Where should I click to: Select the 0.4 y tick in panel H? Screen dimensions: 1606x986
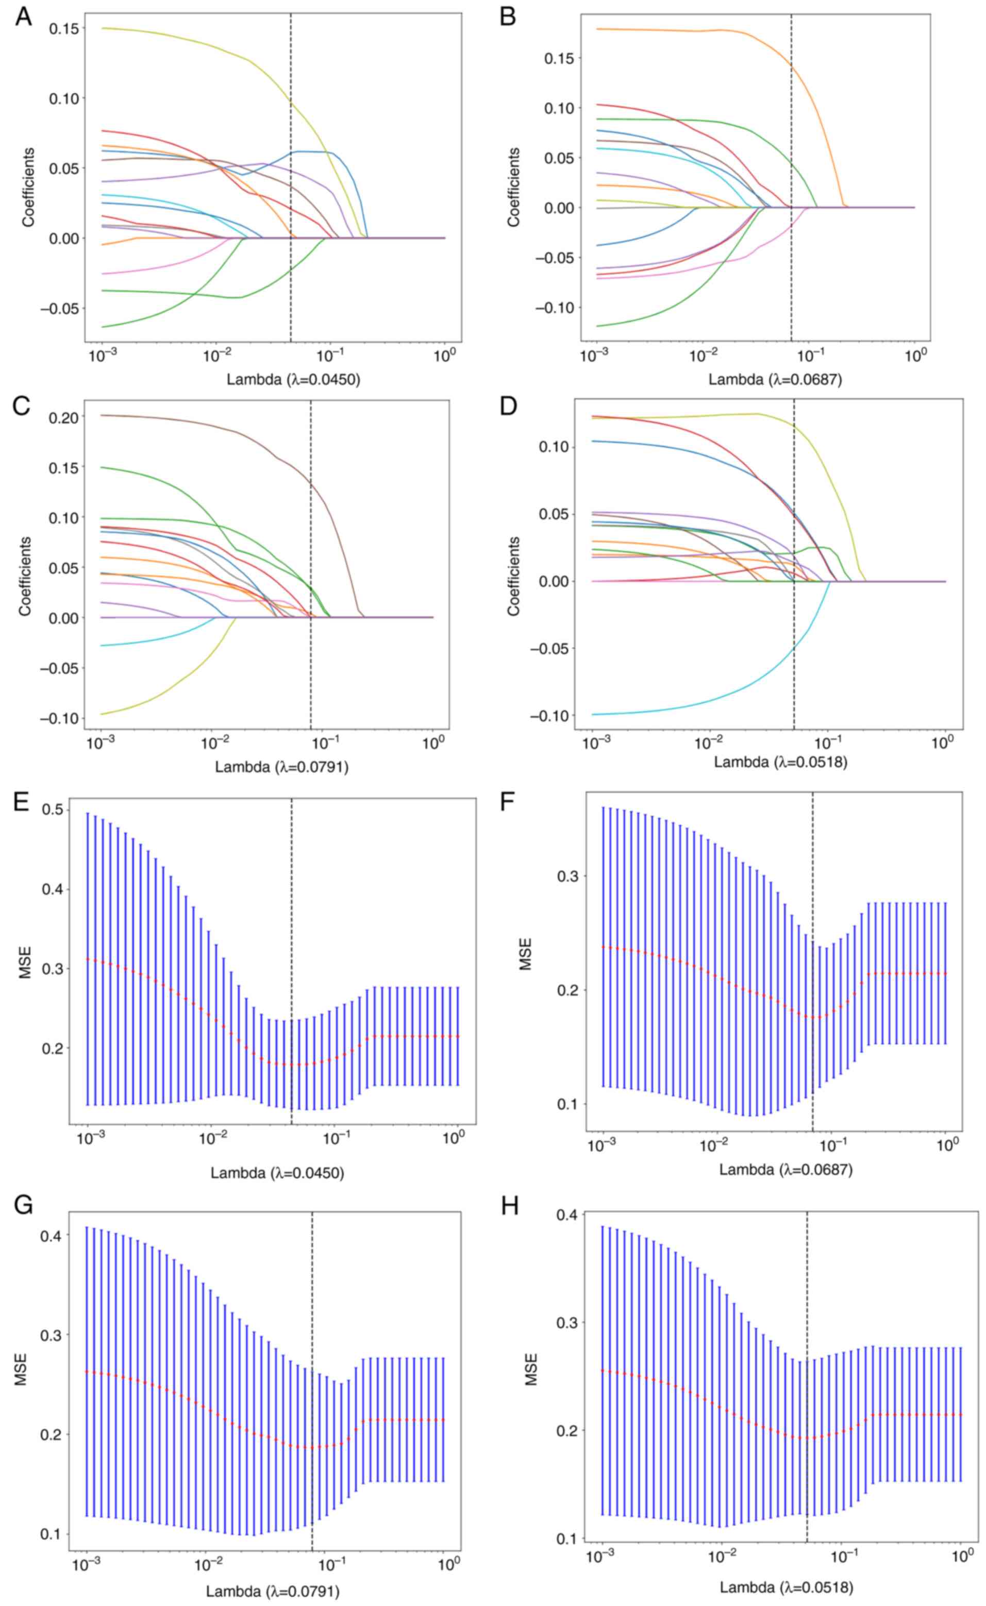tap(570, 1215)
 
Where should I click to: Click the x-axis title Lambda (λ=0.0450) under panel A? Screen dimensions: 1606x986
tap(293, 379)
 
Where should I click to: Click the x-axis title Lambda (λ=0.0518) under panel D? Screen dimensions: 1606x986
tap(780, 762)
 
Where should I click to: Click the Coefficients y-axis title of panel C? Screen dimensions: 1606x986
tap(25, 576)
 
